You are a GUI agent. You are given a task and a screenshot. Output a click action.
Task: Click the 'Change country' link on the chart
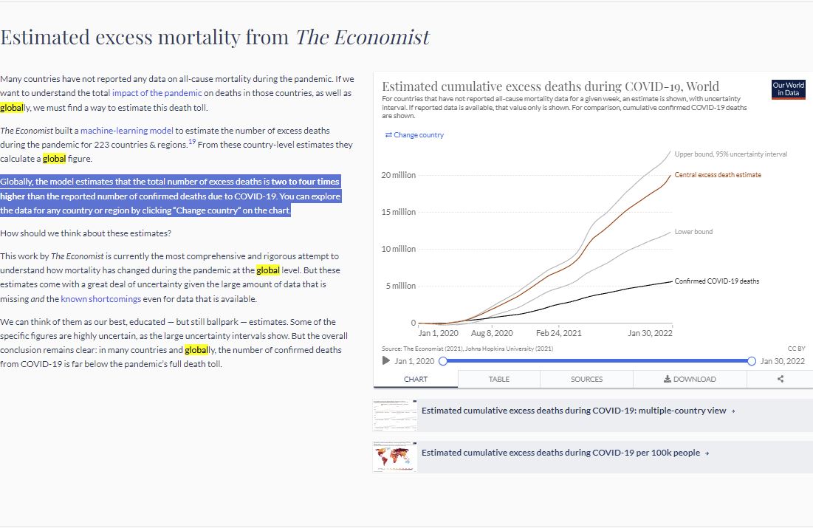[414, 135]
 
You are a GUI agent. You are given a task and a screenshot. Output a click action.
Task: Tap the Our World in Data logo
[788, 89]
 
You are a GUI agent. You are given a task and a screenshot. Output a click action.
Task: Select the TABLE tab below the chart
[498, 379]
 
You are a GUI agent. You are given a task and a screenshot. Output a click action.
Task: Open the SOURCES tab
[586, 379]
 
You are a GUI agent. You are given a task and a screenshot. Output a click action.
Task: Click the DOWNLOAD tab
[690, 379]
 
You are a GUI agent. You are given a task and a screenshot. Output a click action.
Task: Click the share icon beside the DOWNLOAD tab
[781, 379]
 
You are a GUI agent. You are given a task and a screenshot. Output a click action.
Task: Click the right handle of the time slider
[751, 361]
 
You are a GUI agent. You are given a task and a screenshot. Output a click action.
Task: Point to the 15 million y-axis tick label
[399, 212]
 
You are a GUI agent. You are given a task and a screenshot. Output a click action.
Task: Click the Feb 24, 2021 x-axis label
[558, 333]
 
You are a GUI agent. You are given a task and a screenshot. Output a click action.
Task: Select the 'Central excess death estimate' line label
[718, 175]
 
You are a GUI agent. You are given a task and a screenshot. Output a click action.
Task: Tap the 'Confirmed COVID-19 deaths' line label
[716, 281]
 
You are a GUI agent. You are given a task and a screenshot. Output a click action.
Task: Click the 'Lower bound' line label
[693, 232]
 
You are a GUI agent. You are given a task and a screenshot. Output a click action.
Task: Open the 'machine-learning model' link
[126, 131]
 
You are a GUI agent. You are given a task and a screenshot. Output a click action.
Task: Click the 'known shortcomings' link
[100, 299]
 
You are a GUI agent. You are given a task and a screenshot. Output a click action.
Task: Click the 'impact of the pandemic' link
[157, 93]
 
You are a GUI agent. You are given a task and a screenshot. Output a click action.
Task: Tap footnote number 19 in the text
[192, 142]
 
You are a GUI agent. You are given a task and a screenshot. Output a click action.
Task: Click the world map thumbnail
[394, 457]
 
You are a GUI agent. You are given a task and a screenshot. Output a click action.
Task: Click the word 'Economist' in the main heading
[382, 38]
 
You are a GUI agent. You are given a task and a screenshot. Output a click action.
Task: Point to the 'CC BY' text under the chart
[797, 349]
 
